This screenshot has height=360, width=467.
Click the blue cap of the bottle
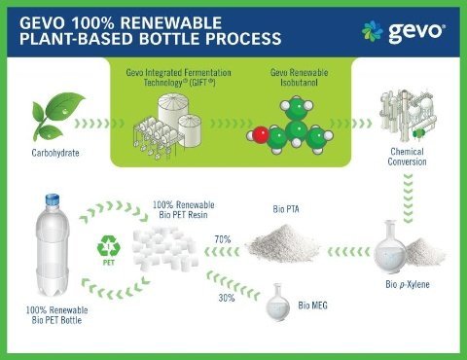tap(53, 199)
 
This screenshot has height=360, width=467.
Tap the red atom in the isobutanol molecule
tap(261, 135)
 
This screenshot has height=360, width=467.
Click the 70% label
tap(223, 239)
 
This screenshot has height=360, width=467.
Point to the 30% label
tap(227, 298)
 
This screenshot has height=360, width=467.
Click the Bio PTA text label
tap(286, 209)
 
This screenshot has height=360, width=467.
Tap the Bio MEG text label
tap(312, 306)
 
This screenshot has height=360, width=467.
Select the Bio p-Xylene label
tap(408, 284)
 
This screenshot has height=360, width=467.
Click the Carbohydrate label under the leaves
tap(55, 153)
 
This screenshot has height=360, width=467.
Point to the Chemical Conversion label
tap(407, 157)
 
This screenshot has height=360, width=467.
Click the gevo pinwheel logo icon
tap(373, 31)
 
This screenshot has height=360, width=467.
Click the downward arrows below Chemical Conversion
tap(408, 198)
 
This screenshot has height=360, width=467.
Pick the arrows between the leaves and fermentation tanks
tap(99, 124)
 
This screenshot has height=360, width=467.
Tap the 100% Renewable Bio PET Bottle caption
tap(56, 315)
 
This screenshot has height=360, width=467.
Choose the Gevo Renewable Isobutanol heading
tap(299, 77)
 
